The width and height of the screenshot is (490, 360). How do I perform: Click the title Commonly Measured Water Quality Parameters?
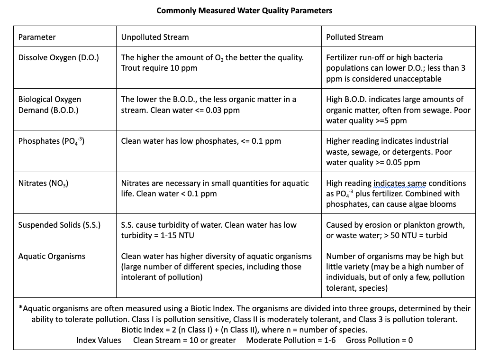coord(245,10)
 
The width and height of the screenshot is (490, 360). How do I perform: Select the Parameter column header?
coord(37,37)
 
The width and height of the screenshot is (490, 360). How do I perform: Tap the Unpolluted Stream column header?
coord(155,37)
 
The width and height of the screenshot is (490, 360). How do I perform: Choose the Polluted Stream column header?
coord(354,37)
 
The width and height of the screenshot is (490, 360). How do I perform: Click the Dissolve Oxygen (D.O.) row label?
coord(58,57)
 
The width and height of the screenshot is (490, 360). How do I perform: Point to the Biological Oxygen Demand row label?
coord(49,105)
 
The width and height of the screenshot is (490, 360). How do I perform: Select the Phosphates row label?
coord(51,141)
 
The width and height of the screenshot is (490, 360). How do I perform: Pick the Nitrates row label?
coord(43,184)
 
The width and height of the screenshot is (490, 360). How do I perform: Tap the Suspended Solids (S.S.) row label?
coord(59,225)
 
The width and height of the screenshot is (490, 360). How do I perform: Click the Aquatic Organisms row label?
coord(52,256)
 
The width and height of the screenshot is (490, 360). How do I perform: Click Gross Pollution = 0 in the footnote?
coord(379,340)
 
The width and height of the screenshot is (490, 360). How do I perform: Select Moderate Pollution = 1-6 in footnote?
coord(291,340)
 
